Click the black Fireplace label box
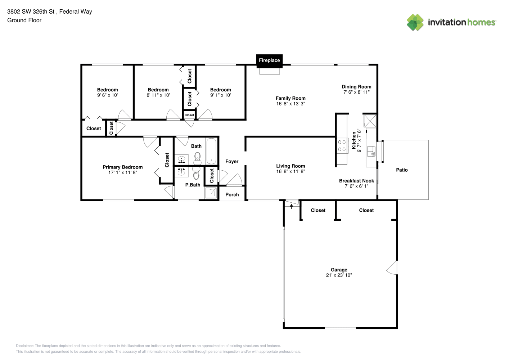(x=269, y=61)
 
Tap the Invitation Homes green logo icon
(x=415, y=22)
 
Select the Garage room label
(x=339, y=270)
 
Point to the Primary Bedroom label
(x=123, y=167)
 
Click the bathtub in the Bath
(x=211, y=151)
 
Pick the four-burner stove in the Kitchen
(x=342, y=146)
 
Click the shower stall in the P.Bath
(x=211, y=193)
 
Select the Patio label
(x=402, y=170)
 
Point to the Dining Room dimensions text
(x=356, y=92)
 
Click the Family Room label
(x=290, y=98)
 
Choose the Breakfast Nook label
(x=356, y=181)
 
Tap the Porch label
(x=232, y=194)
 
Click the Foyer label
(x=232, y=161)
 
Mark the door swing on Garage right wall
(x=392, y=267)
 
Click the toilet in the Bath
(x=198, y=158)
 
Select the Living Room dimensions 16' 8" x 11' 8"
(x=290, y=171)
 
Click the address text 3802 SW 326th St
(x=31, y=12)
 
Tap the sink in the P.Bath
(x=181, y=172)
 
